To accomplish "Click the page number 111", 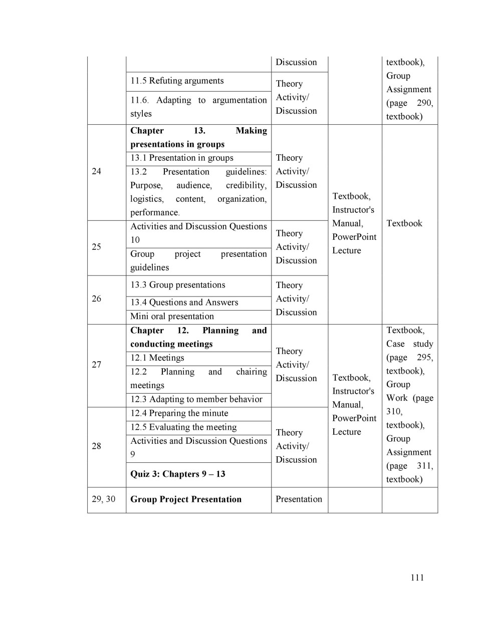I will click(x=417, y=577).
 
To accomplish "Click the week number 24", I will click(x=97, y=171).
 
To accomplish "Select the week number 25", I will click(x=97, y=247).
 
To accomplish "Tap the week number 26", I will click(x=97, y=298).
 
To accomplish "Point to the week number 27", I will click(x=97, y=365).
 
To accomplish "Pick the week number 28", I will click(x=97, y=446).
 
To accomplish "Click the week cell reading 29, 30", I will click(x=104, y=499).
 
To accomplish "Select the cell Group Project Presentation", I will click(x=186, y=499).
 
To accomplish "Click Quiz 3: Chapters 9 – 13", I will click(x=178, y=474).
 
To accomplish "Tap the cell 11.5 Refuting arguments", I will click(x=177, y=81).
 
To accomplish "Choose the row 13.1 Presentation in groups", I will click(x=182, y=158).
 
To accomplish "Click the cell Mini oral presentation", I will click(x=172, y=317).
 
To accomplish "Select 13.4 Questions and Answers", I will click(x=184, y=302).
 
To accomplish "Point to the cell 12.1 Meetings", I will click(x=157, y=358).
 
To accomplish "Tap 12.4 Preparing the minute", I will click(x=179, y=413).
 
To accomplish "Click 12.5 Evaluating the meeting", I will click(x=183, y=427).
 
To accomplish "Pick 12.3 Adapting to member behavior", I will click(x=196, y=399).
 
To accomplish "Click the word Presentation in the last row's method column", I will click(x=299, y=499).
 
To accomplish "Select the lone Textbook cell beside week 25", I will click(x=404, y=223).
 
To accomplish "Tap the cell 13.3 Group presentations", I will click(x=178, y=285).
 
